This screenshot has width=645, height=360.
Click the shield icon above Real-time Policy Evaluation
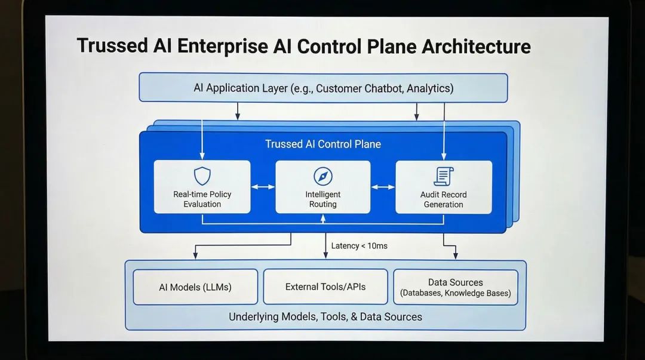202,176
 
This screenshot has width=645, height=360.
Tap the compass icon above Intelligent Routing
323,176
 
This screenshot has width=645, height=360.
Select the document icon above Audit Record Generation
443,176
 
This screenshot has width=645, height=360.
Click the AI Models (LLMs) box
195,287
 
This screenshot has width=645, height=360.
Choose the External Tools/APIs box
325,287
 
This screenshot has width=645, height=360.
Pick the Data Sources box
456,287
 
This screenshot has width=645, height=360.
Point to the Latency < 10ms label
359,245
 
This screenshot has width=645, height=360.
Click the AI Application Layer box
323,88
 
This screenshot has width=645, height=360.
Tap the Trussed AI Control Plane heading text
323,144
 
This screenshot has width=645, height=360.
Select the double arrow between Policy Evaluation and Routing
263,187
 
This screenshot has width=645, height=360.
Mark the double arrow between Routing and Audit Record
383,187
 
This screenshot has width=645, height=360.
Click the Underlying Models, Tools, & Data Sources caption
325,317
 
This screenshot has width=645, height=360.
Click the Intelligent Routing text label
323,199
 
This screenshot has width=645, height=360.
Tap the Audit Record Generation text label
443,199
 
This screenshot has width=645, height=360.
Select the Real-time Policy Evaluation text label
202,199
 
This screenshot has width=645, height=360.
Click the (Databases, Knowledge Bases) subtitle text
456,293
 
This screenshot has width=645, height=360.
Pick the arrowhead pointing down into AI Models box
195,256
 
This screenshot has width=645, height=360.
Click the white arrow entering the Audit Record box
443,156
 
